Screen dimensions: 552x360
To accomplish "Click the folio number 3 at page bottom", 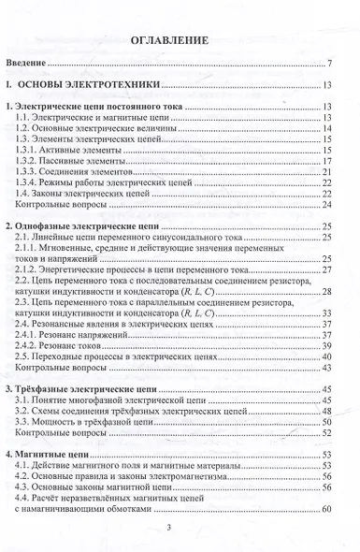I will pos(180,527).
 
